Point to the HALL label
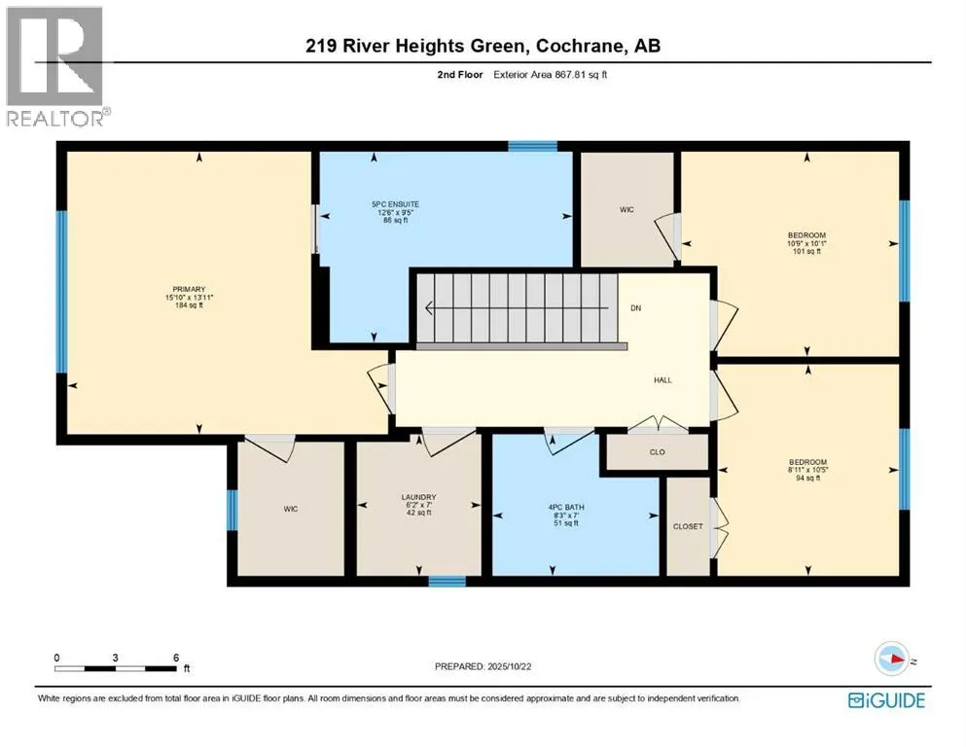point(663,381)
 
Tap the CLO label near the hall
point(657,452)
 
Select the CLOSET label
point(687,526)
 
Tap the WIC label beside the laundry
point(289,507)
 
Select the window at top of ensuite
point(533,146)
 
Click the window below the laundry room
point(447,582)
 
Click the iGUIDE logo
point(886,699)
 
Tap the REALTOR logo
point(55,66)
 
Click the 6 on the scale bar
point(176,658)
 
